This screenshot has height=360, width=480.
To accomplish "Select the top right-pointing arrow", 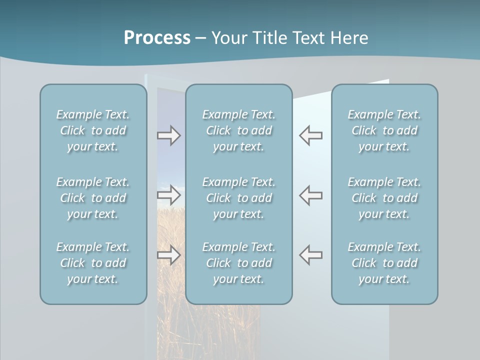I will pos(168,135).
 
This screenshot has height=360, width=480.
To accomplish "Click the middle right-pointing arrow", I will pos(168,195).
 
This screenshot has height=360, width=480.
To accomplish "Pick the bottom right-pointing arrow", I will pos(168,255).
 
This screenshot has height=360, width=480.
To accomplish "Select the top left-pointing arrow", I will pos(311,135).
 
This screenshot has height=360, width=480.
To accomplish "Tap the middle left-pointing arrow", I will pos(311,195).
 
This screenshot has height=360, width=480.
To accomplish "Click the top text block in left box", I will pos(93,130).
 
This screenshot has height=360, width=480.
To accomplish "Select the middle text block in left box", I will pos(93,198).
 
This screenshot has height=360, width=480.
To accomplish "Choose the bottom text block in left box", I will pos(93,263).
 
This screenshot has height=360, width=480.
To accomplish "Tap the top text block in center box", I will pos(238,130).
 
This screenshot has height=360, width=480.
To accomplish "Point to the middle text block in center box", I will pos(238,198).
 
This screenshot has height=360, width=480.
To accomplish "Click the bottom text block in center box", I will pos(238,263).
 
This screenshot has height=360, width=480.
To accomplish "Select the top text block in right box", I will pos(384,130).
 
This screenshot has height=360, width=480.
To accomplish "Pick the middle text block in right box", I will pos(384,198).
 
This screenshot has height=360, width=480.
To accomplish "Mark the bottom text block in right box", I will pos(384,263).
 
